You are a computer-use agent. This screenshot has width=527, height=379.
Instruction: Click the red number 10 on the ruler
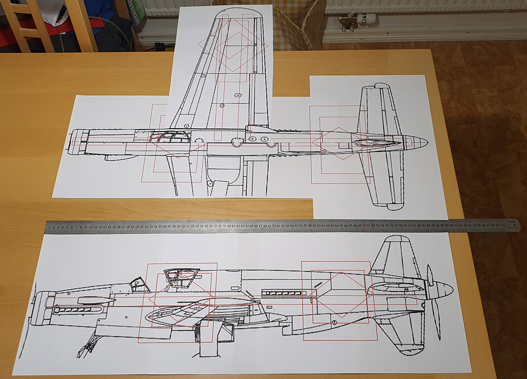click(91, 227)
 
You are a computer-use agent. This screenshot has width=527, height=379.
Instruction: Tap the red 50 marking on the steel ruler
click(274, 225)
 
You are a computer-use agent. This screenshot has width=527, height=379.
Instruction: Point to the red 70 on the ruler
click(364, 225)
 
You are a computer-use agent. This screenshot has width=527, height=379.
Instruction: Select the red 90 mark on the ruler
click(456, 225)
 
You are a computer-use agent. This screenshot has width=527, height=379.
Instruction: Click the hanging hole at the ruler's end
click(514, 225)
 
